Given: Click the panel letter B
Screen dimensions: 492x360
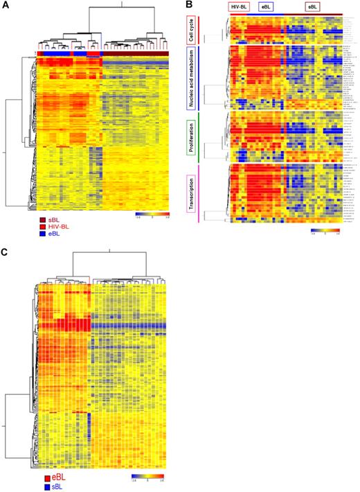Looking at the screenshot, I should pyautogui.click(x=189, y=6).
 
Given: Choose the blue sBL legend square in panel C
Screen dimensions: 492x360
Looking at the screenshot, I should pyautogui.click(x=46, y=486).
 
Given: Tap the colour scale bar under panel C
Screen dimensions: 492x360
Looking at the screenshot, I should pyautogui.click(x=147, y=477).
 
